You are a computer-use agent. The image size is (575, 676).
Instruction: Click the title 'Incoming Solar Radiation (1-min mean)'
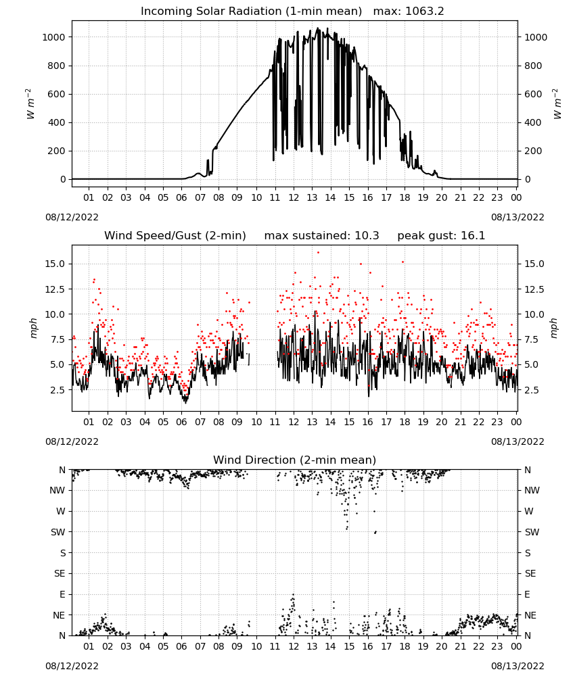(x=251, y=11)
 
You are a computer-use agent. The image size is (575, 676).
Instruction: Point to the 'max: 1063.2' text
(x=408, y=11)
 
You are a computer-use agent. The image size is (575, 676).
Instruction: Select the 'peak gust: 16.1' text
(x=441, y=236)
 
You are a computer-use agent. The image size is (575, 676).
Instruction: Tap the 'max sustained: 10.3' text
(x=321, y=236)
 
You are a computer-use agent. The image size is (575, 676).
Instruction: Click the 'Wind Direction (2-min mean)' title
(x=295, y=460)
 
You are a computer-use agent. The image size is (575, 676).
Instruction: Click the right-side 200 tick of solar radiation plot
(x=533, y=151)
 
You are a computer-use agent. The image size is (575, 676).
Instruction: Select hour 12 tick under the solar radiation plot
(x=294, y=197)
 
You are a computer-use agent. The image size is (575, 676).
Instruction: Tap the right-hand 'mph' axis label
(x=554, y=328)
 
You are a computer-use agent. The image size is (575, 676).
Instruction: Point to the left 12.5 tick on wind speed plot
(x=55, y=289)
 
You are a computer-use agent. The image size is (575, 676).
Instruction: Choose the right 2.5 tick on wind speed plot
(x=532, y=390)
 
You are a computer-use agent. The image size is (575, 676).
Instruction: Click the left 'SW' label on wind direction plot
(x=58, y=532)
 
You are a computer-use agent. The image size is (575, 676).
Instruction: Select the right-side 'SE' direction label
(x=530, y=573)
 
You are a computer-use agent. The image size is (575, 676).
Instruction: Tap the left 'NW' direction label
(x=57, y=490)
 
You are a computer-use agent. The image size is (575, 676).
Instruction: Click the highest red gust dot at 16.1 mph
(x=319, y=253)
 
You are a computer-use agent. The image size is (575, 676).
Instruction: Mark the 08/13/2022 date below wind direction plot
(x=517, y=666)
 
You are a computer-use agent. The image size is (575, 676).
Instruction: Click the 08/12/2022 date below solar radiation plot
(x=72, y=217)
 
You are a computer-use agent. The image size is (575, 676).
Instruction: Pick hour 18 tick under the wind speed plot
(x=405, y=422)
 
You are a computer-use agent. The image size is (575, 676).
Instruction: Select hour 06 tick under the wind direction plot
(x=181, y=646)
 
